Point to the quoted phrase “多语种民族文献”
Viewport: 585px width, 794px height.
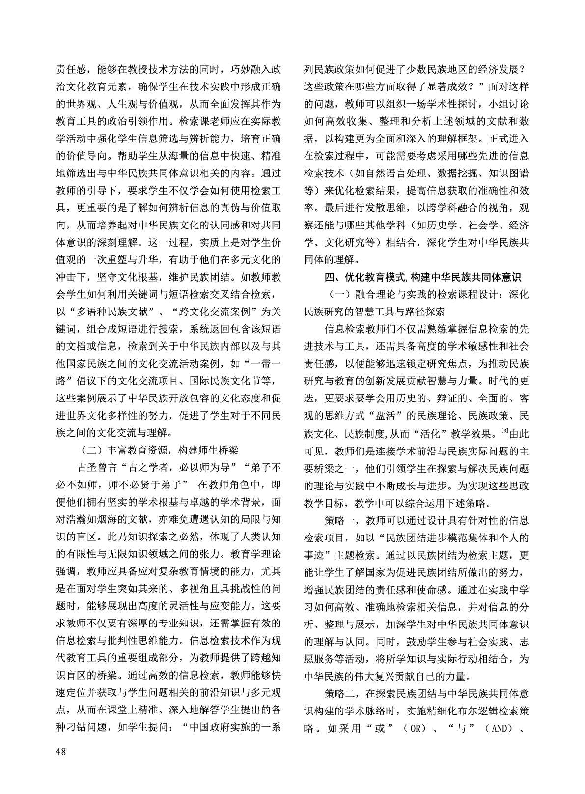109,312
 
